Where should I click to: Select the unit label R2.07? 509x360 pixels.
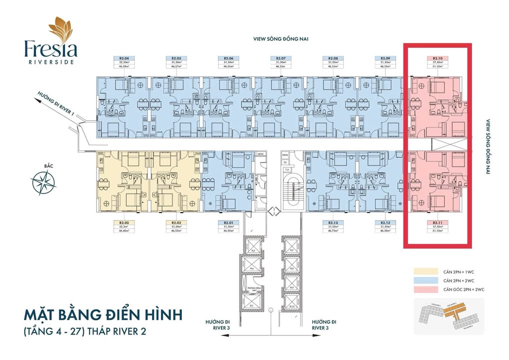point(280,58)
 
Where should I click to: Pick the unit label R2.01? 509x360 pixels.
point(228,222)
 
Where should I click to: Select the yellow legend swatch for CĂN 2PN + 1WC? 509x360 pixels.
point(422,271)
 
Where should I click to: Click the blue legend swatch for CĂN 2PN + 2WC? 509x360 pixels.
point(422,280)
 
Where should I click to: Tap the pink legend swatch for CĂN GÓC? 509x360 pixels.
point(422,289)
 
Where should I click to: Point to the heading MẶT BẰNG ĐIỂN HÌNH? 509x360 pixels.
point(102,316)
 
